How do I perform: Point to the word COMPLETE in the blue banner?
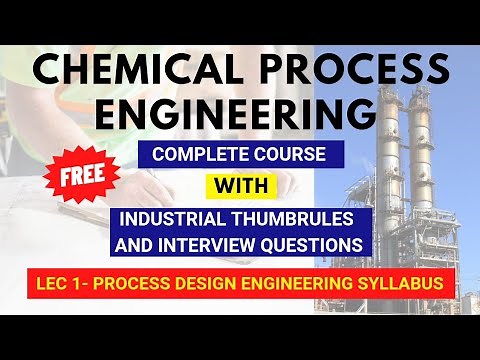point(193,155)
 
